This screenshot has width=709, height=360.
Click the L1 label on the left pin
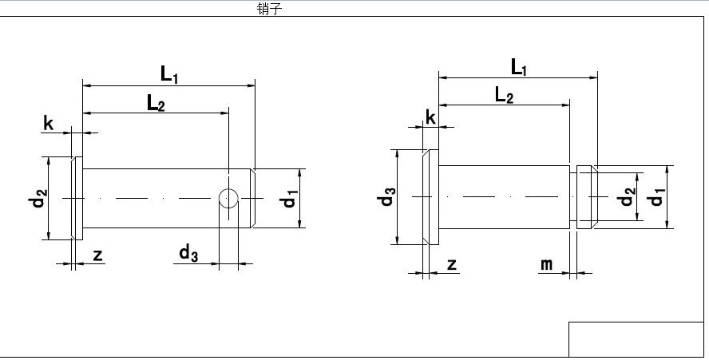click(x=169, y=74)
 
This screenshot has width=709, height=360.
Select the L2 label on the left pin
click(x=155, y=102)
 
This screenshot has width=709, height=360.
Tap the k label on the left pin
click(x=49, y=123)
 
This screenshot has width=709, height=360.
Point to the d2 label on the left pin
click(x=38, y=196)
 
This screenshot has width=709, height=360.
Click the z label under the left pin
click(x=97, y=255)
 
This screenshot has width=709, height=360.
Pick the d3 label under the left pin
click(x=188, y=254)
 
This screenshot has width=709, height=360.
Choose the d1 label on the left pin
click(x=290, y=197)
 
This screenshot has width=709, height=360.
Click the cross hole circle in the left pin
click(x=229, y=198)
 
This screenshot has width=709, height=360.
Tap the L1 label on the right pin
click(x=519, y=68)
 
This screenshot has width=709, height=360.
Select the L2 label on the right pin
click(x=504, y=96)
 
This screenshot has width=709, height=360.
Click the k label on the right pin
click(x=431, y=117)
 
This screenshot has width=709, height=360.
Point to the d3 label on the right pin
click(x=387, y=196)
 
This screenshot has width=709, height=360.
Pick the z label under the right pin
click(x=452, y=263)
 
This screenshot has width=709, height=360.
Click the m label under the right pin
click(x=547, y=263)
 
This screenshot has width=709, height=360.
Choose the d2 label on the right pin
click(x=628, y=196)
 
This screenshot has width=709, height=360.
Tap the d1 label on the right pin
click(x=656, y=196)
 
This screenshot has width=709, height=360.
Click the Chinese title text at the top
click(x=269, y=9)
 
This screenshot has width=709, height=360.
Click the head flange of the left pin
click(x=77, y=198)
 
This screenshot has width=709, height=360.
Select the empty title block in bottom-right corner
click(x=636, y=339)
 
